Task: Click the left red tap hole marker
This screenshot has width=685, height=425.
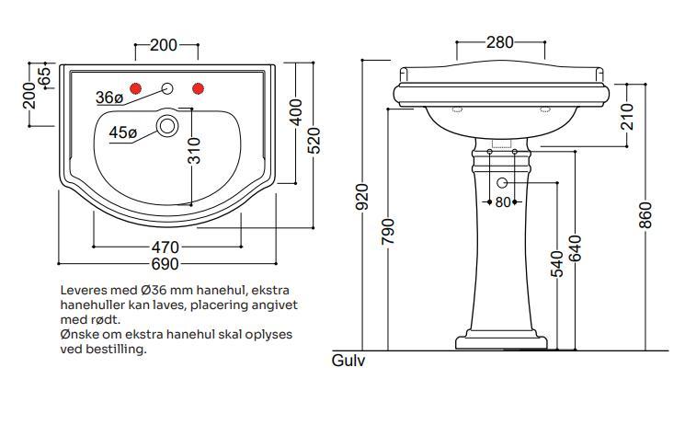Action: [136, 88]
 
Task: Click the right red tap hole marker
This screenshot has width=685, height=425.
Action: [197, 88]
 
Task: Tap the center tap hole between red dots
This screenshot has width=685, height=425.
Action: [167, 89]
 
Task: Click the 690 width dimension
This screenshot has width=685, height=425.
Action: [166, 265]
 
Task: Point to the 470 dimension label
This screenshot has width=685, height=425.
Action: [166, 247]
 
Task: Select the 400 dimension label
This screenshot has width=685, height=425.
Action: [296, 113]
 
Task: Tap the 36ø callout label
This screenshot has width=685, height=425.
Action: [108, 98]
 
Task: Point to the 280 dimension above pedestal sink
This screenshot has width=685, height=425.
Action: [499, 42]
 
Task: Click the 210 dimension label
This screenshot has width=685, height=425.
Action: [627, 115]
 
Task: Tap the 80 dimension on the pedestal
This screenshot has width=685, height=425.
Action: [502, 202]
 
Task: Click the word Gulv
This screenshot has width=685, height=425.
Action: [348, 362]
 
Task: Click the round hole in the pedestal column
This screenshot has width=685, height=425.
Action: [502, 182]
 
